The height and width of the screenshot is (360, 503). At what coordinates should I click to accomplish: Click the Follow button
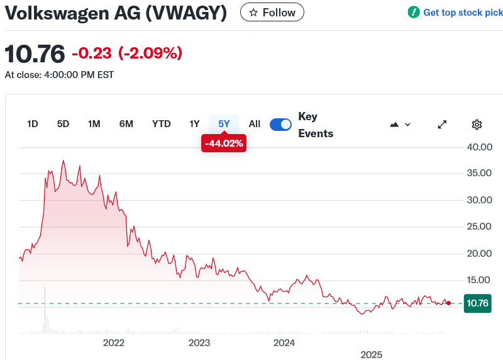click(x=272, y=13)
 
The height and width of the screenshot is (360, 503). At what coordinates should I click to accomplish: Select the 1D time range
click(x=33, y=124)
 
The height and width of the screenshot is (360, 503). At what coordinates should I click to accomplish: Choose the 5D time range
click(x=63, y=124)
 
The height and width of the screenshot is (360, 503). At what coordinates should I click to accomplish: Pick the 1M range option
click(x=94, y=124)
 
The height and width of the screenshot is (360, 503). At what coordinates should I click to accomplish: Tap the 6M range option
click(x=126, y=124)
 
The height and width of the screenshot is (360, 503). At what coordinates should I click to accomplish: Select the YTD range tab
click(x=162, y=124)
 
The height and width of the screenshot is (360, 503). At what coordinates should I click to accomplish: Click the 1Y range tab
click(x=195, y=124)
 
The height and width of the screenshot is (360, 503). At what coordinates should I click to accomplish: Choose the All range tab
click(x=254, y=124)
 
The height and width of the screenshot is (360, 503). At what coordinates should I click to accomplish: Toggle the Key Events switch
click(x=280, y=125)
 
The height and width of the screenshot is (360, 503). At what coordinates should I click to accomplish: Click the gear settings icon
click(x=477, y=125)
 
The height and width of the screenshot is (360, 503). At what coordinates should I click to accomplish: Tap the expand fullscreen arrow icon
click(x=442, y=125)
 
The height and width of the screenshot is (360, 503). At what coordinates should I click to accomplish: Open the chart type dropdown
click(x=400, y=125)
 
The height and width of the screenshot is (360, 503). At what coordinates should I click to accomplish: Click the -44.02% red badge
click(x=223, y=143)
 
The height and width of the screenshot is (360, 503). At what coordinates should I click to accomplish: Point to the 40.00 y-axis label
click(x=478, y=147)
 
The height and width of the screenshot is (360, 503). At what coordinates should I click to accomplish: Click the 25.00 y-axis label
click(x=478, y=227)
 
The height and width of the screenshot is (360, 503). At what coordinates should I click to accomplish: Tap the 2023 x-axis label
click(x=199, y=343)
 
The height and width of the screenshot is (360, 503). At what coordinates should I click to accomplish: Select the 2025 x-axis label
click(x=371, y=354)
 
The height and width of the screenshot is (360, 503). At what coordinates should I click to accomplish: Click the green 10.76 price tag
click(x=477, y=303)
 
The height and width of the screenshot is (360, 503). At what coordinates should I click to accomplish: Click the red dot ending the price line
click(x=448, y=303)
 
